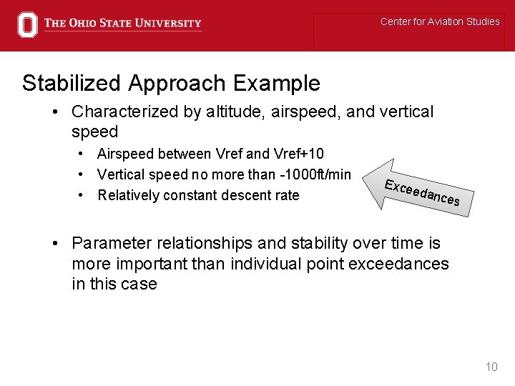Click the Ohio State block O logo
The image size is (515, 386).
tap(27, 24)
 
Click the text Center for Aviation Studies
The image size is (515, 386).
tap(439, 21)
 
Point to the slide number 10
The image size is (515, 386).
tap(491, 367)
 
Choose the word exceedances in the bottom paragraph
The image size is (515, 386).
tap(398, 264)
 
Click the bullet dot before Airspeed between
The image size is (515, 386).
tap(83, 154)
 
